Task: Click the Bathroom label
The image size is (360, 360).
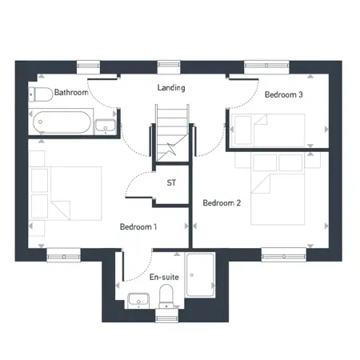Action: (71, 92)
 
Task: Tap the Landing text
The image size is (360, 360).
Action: (171, 87)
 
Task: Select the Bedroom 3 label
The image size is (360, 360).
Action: (284, 94)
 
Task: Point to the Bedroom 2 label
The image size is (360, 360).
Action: (222, 203)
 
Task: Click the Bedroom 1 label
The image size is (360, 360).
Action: (138, 227)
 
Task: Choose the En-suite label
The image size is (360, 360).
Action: (164, 277)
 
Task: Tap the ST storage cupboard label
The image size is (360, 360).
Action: (171, 182)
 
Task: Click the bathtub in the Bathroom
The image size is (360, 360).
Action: (61, 122)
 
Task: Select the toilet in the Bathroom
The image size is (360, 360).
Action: (41, 94)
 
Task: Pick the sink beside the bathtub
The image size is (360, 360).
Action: (106, 126)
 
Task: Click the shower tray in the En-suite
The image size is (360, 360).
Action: (200, 275)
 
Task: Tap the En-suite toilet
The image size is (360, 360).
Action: (166, 296)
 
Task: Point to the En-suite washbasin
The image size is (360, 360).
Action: (138, 300)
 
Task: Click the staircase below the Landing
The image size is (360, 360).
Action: (172, 133)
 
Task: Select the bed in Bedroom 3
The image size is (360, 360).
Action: (268, 130)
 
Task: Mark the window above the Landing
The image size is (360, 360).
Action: (169, 66)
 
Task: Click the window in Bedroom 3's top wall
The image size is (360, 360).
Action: (266, 66)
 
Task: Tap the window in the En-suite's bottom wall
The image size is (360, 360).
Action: (167, 318)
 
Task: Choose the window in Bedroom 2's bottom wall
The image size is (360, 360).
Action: (284, 256)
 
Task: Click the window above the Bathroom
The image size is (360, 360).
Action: (88, 66)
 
